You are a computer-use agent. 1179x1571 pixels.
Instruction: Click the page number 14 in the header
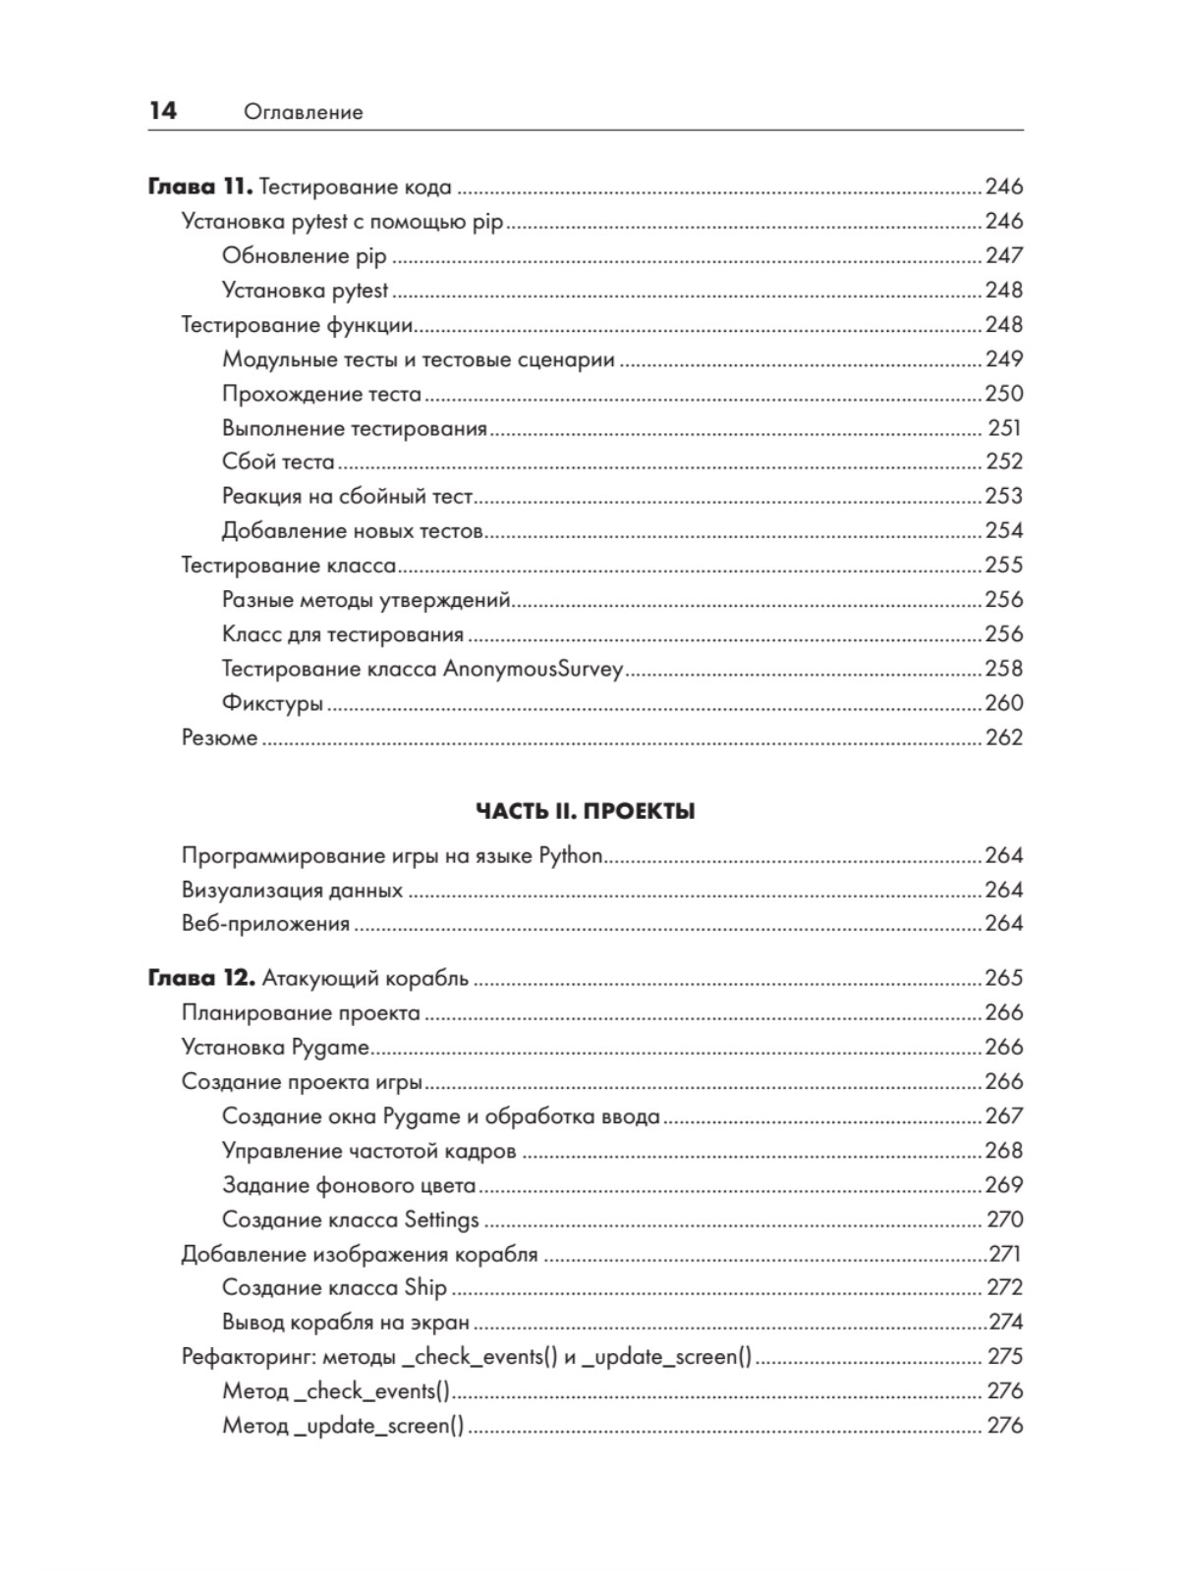tap(163, 111)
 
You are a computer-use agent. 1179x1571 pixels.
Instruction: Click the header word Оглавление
tap(303, 113)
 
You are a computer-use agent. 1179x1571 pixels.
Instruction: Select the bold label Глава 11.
tap(200, 187)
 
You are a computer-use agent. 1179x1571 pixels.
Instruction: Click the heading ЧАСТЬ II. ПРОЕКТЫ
tap(586, 811)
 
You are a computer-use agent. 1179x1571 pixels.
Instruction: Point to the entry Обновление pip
tap(305, 256)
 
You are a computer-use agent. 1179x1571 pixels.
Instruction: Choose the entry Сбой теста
tap(278, 462)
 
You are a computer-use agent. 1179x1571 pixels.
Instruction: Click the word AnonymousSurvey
tap(533, 670)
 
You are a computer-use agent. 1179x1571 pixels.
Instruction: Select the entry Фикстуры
tap(272, 704)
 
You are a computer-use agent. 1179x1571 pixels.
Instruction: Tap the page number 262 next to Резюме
tap(1004, 738)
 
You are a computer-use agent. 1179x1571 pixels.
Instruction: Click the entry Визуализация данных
tap(292, 891)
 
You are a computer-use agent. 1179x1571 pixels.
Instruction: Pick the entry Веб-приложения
tap(265, 924)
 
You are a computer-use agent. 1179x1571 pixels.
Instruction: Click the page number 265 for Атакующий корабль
tap(1004, 978)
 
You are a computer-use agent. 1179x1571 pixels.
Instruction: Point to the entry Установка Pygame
tap(275, 1048)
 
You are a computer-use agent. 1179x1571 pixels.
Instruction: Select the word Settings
tap(442, 1219)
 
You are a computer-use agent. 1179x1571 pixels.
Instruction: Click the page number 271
tap(1005, 1254)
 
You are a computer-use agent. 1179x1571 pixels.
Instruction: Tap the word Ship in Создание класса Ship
tap(425, 1288)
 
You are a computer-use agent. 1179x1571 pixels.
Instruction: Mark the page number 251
tap(1005, 428)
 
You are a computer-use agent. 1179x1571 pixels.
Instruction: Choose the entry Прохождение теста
tap(321, 394)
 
